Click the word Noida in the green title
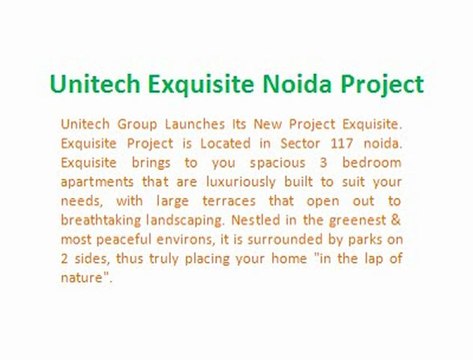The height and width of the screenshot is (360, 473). pos(313,83)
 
